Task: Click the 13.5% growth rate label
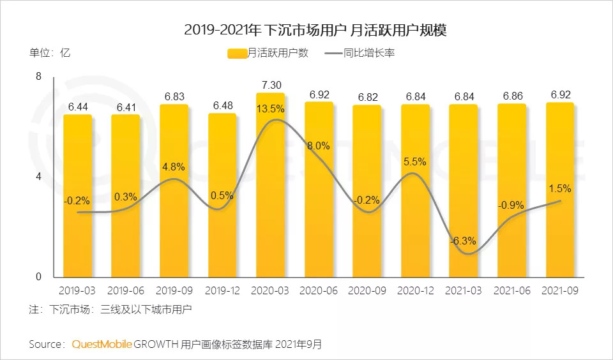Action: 270,108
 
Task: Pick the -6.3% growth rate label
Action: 462,241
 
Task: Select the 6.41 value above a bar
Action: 125,107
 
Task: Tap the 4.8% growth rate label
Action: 174,167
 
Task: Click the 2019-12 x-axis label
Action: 222,290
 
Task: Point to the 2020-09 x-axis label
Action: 367,290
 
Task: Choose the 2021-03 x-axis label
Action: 463,290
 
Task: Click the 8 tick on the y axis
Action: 38,77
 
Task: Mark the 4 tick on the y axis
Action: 38,177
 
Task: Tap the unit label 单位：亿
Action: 49,53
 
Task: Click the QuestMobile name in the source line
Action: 102,345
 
